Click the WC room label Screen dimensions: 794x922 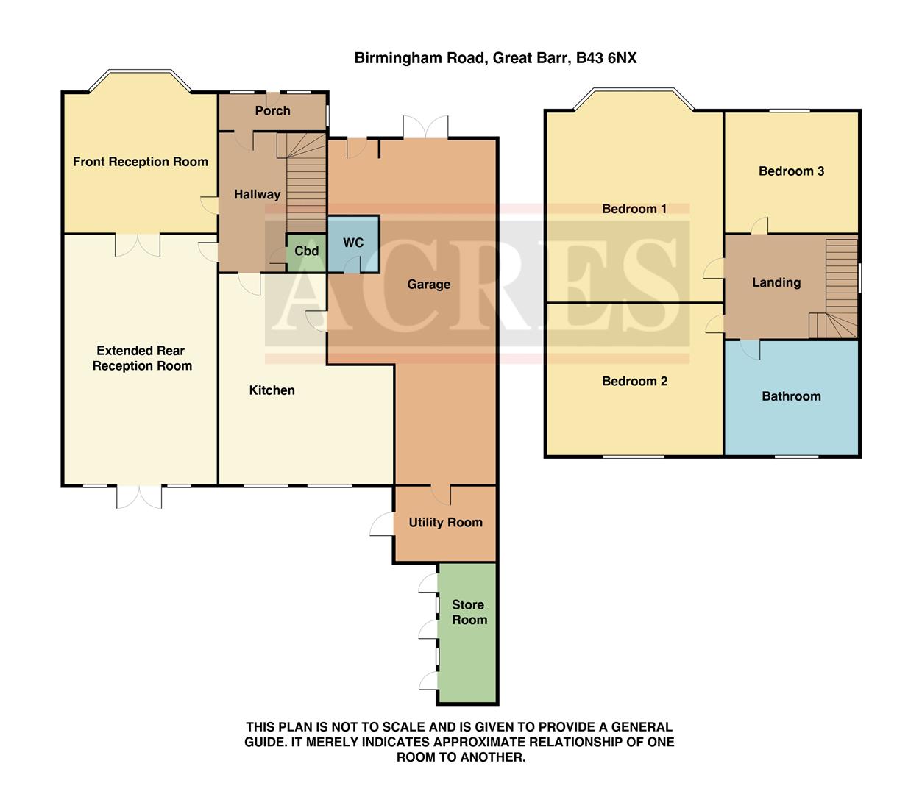353,243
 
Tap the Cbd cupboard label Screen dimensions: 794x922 306,251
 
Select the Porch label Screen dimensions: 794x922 272,110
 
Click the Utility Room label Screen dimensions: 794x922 445,522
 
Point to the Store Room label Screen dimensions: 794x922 469,612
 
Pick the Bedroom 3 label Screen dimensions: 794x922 791,171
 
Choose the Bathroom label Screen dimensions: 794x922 791,396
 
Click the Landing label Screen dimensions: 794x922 776,282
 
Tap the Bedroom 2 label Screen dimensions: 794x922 634,381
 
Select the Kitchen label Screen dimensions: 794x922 272,390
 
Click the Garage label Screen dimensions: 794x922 428,285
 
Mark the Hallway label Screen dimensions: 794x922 257,194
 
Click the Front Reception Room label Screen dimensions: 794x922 140,162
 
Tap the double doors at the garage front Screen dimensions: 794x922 425,127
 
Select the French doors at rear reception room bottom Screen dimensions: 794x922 139,496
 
